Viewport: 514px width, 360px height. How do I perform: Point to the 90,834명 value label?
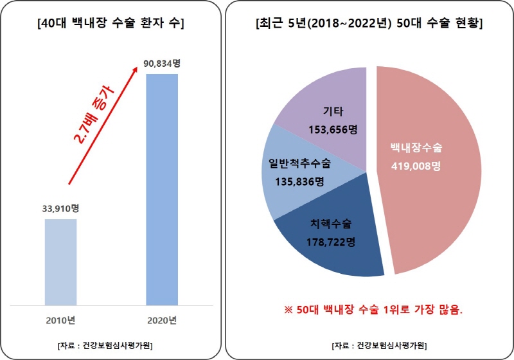161,63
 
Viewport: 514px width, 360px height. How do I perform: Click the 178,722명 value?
330,242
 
